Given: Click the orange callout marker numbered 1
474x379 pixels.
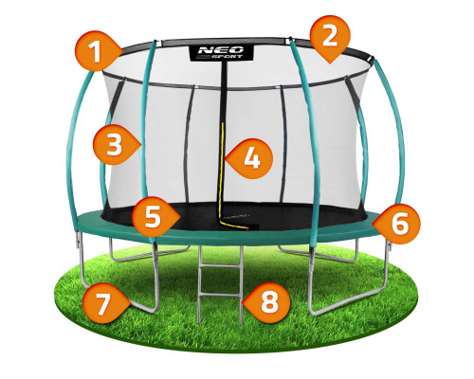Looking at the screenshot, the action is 98,51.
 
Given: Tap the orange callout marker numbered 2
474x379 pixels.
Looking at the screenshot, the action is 330,38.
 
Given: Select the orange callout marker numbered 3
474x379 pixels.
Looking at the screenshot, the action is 116,144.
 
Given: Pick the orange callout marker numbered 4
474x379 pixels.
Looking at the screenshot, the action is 249,158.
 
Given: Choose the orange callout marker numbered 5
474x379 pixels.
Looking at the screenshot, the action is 155,217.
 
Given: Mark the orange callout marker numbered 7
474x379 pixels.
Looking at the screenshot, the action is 105,303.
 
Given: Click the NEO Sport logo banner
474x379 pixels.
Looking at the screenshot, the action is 221,52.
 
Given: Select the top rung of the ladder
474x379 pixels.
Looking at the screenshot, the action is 220,266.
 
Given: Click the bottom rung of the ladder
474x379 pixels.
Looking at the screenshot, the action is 220,296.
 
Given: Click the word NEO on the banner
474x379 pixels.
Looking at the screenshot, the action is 221,50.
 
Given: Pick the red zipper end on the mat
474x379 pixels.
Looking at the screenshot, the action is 248,227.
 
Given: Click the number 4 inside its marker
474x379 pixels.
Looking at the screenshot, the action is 252,158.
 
